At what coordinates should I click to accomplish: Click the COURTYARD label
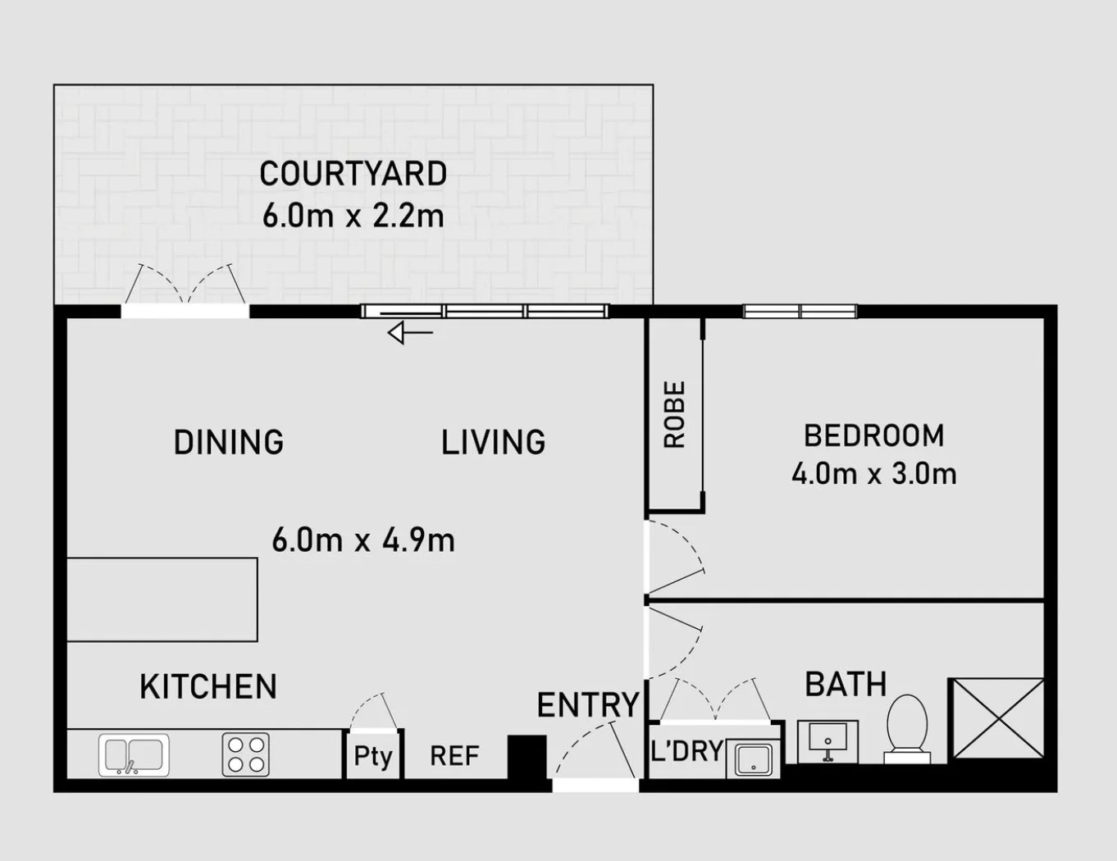tap(353, 174)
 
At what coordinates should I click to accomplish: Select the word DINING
tap(229, 442)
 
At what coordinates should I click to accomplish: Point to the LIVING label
tap(494, 442)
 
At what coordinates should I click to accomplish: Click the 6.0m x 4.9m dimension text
tap(363, 540)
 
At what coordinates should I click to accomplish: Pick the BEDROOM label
tap(874, 435)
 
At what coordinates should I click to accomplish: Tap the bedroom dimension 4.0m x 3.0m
tap(874, 474)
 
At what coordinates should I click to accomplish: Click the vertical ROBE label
tap(675, 415)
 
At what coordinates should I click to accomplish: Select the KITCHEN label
tap(208, 687)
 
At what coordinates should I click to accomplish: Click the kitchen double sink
tap(134, 755)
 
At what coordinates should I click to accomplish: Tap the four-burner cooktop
tap(246, 754)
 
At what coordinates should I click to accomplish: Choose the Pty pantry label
tap(373, 756)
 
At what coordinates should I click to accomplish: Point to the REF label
tap(454, 756)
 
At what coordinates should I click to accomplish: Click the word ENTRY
tap(587, 705)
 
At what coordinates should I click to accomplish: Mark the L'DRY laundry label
tap(687, 750)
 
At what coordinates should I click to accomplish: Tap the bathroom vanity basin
tap(827, 741)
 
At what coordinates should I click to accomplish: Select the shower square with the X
tap(999, 718)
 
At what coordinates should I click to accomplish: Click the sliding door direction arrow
tap(410, 333)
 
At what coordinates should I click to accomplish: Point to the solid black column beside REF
tap(527, 758)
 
